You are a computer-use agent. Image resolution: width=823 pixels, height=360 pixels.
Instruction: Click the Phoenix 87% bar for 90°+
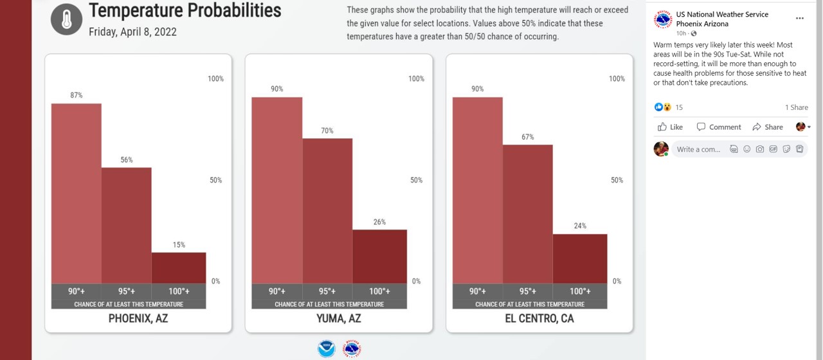(77, 193)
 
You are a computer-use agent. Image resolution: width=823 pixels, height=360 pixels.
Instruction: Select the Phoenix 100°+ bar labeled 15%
(179, 267)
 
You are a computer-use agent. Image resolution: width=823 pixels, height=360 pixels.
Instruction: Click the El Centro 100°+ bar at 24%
(580, 258)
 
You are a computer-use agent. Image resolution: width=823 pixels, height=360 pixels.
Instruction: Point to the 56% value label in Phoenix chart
(127, 160)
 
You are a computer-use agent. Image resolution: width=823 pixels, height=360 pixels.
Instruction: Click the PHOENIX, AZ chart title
(138, 318)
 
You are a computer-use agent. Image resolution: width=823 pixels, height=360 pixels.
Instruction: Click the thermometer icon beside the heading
(67, 19)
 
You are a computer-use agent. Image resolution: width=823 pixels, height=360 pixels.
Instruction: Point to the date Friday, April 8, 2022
(132, 32)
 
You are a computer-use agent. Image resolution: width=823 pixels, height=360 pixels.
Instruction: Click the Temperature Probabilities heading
(185, 10)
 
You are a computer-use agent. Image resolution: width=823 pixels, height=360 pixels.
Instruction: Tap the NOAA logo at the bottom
(327, 349)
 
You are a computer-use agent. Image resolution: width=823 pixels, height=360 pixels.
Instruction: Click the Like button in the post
(671, 127)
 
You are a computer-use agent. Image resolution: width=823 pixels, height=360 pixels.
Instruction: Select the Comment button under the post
(719, 127)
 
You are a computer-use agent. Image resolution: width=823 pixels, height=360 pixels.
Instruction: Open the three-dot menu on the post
(800, 19)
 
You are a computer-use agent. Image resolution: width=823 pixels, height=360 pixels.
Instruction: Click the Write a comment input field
(699, 149)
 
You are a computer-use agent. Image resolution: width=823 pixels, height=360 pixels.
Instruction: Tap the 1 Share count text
(796, 107)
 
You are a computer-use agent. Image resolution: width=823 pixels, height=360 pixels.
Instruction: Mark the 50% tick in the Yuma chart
(417, 180)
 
